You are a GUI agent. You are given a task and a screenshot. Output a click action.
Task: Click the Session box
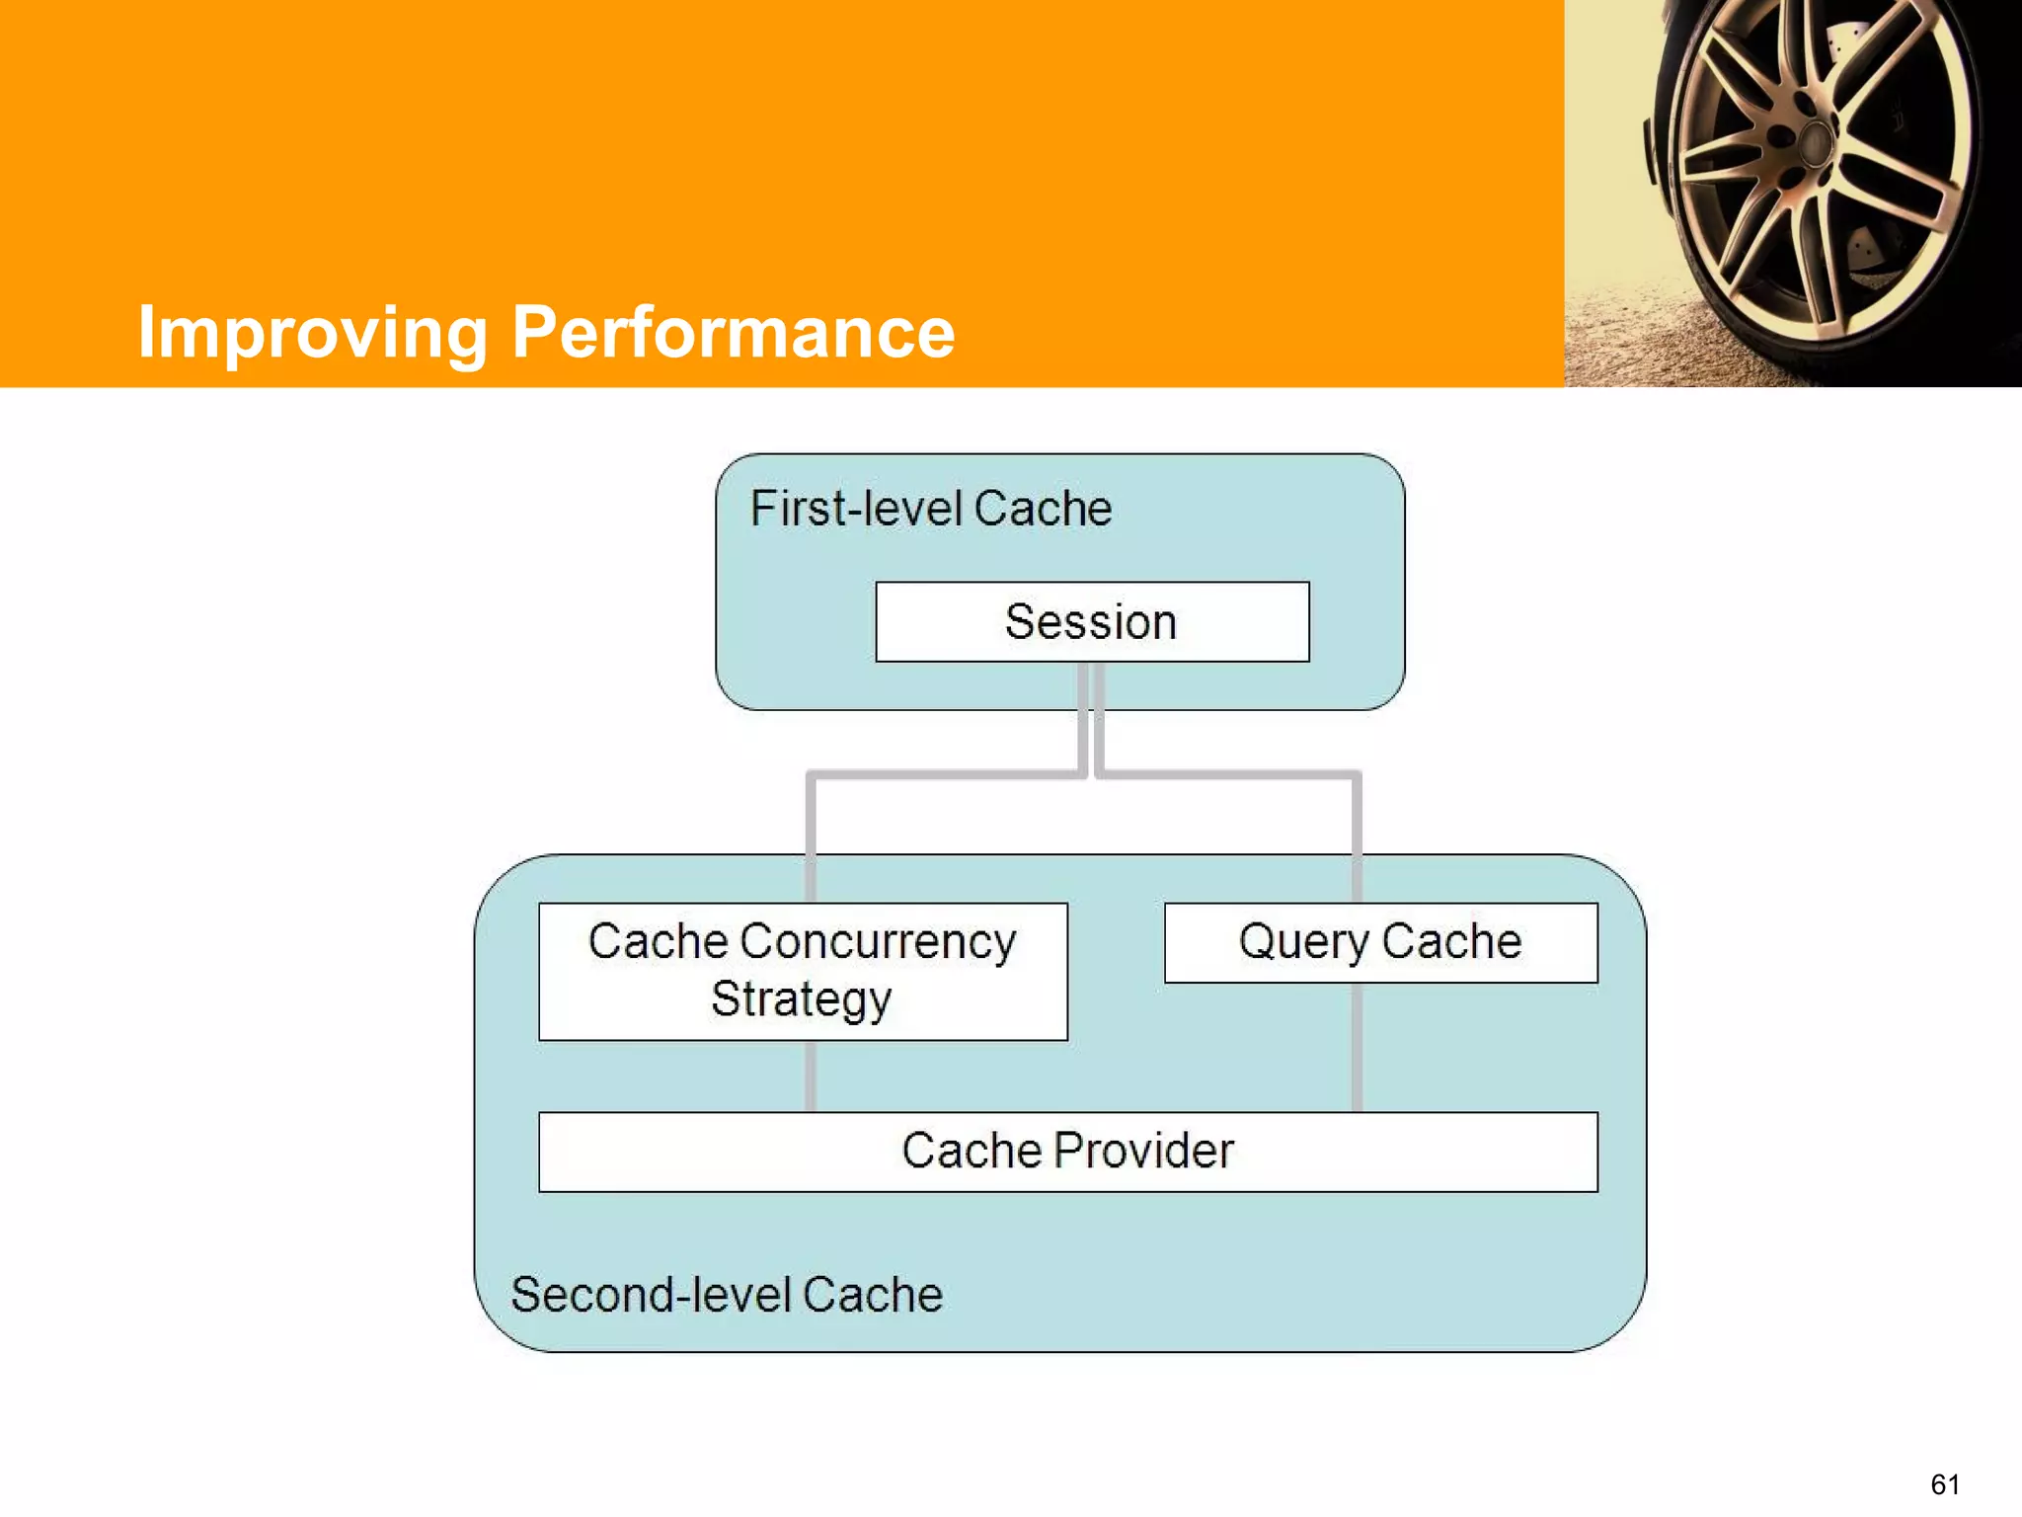1092,621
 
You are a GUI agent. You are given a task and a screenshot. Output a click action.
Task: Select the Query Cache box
1380,942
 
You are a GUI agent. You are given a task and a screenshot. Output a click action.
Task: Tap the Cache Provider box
1067,1152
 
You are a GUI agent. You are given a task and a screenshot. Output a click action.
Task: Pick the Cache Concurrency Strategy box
803,971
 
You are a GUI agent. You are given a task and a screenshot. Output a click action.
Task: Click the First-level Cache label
930,509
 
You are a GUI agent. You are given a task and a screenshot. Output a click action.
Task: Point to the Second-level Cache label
727,1295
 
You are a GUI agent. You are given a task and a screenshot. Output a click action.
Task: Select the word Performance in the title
733,333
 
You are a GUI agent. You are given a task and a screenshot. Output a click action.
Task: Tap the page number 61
1944,1483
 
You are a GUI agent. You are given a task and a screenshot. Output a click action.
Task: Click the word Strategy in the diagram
801,999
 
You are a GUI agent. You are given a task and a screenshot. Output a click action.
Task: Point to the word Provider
1143,1152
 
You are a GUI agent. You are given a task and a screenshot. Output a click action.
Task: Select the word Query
1303,942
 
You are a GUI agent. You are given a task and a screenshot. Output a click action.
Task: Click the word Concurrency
878,941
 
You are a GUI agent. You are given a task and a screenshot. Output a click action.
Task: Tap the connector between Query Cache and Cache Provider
1357,1047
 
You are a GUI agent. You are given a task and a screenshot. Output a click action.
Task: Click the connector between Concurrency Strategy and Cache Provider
811,1076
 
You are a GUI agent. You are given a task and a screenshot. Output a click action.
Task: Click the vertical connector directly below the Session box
1091,716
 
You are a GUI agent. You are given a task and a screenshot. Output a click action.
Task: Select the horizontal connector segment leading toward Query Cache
1229,775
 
